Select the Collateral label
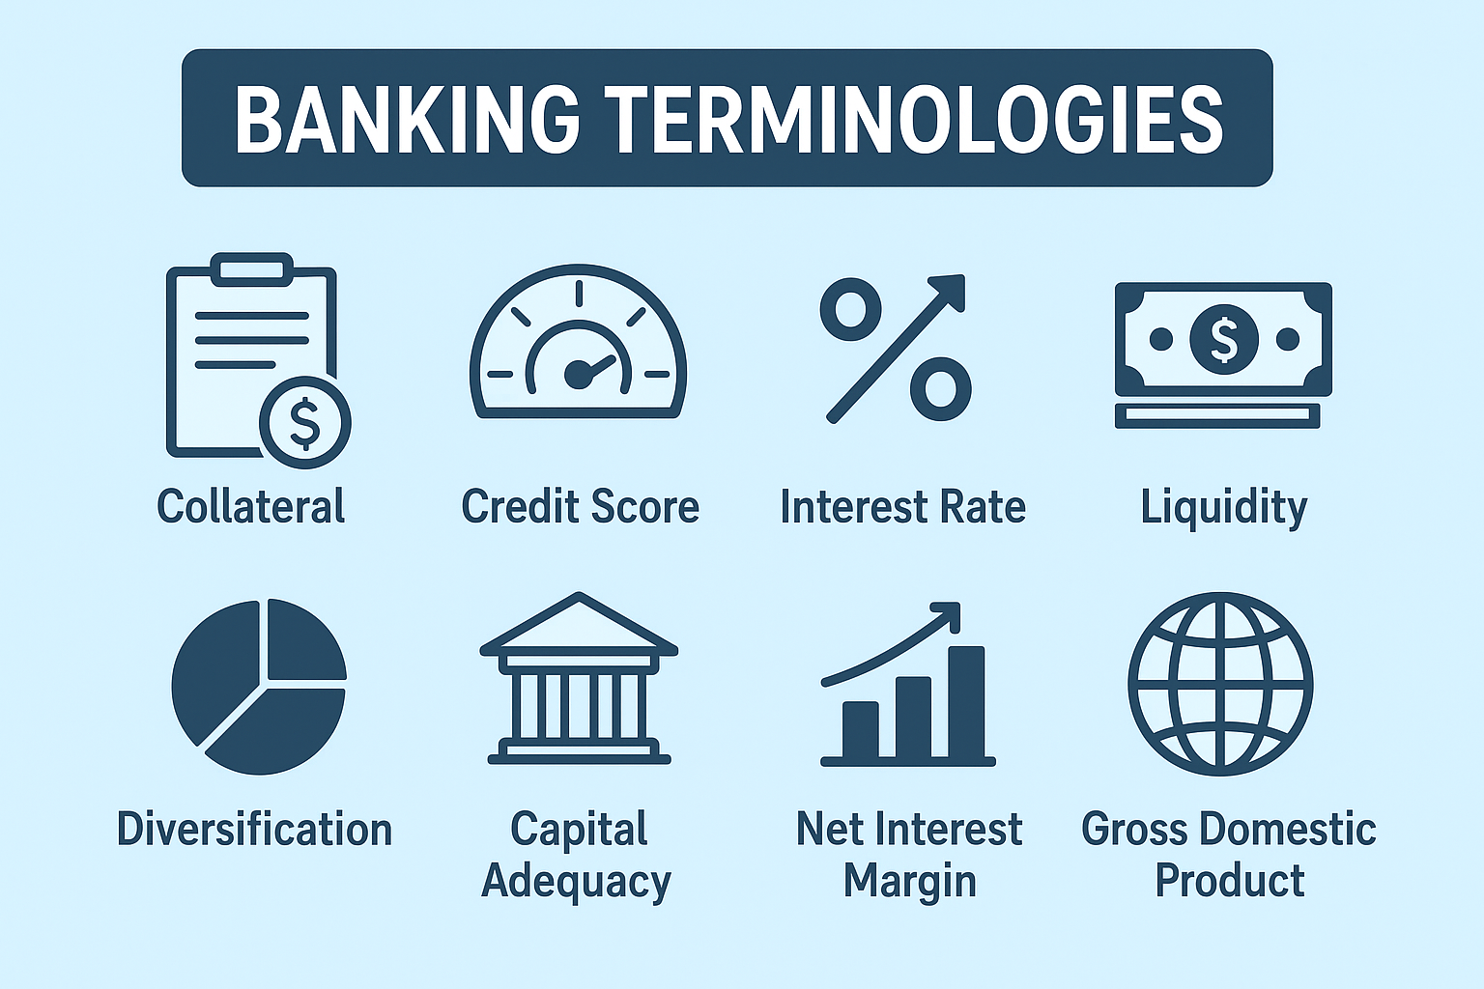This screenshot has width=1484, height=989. pyautogui.click(x=251, y=507)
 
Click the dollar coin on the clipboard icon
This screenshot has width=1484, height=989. pyautogui.click(x=304, y=423)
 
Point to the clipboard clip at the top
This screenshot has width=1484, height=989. pyautogui.click(x=252, y=269)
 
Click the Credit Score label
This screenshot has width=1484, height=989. pyautogui.click(x=581, y=507)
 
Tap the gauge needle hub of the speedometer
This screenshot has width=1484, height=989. pyautogui.click(x=578, y=375)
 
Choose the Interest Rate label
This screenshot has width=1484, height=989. pyautogui.click(x=903, y=507)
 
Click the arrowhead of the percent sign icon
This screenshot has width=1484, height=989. pyautogui.click(x=948, y=293)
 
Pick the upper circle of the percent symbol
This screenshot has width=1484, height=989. pyautogui.click(x=850, y=310)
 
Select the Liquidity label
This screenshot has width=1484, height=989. pyautogui.click(x=1224, y=509)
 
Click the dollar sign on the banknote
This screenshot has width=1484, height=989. pyautogui.click(x=1224, y=339)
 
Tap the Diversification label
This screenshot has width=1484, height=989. pyautogui.click(x=255, y=830)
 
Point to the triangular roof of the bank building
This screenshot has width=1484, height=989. pyautogui.click(x=579, y=623)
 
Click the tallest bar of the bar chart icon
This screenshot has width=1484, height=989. pyautogui.click(x=966, y=701)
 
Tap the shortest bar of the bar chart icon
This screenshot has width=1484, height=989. pyautogui.click(x=861, y=729)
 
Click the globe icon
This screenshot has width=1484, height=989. pyautogui.click(x=1220, y=684)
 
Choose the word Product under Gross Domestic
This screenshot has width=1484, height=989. pyautogui.click(x=1230, y=881)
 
